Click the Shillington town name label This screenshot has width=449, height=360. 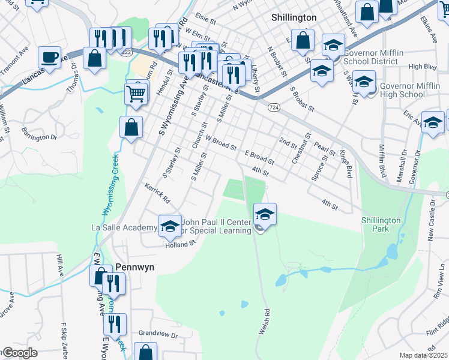pos(294,18)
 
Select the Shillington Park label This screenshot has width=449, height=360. pos(381,224)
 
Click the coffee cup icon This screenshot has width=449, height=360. pos(50,58)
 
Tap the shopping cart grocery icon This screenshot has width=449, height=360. pos(137,93)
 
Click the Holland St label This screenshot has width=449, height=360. pos(181,244)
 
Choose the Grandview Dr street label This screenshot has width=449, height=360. pos(158,334)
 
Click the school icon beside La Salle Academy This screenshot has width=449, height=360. pos(170,226)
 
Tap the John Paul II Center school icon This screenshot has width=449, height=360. pos(265,213)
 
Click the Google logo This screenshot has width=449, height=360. pos(19,353)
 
